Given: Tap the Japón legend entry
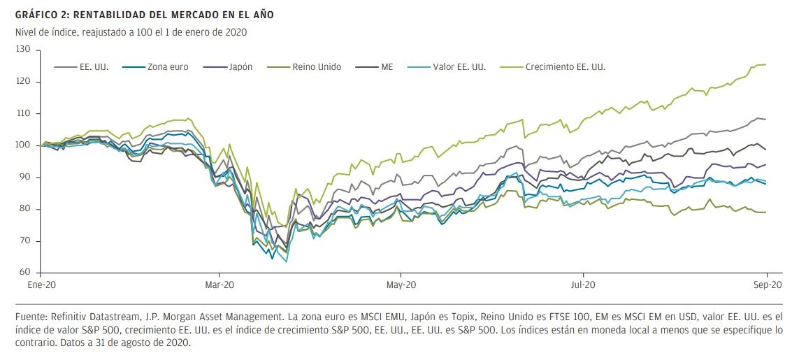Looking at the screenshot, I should click(239, 67).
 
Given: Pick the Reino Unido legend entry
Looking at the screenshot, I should click(317, 67).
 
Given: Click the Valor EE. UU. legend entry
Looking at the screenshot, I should click(459, 67).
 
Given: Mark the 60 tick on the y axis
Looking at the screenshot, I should click(25, 273).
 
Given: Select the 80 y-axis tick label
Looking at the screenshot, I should click(25, 209).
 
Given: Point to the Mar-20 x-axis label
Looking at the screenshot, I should click(219, 285).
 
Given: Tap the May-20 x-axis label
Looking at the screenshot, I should click(401, 285).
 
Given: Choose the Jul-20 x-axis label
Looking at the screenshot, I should click(583, 285).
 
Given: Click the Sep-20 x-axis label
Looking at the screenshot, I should click(766, 285).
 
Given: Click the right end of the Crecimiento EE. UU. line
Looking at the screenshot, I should click(766, 64).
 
